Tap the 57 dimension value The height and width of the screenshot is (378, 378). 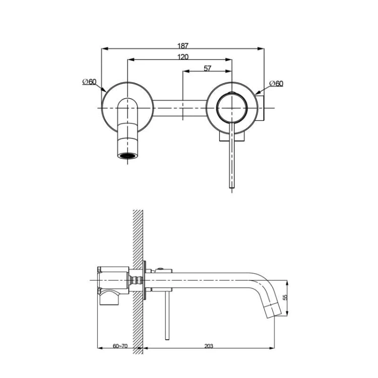207,69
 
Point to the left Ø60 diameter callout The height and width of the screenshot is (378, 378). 89,82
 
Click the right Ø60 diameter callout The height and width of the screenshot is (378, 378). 276,83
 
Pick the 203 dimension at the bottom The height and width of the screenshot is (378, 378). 209,346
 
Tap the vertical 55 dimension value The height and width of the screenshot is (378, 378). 285,298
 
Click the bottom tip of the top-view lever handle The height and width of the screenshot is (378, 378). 232,187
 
